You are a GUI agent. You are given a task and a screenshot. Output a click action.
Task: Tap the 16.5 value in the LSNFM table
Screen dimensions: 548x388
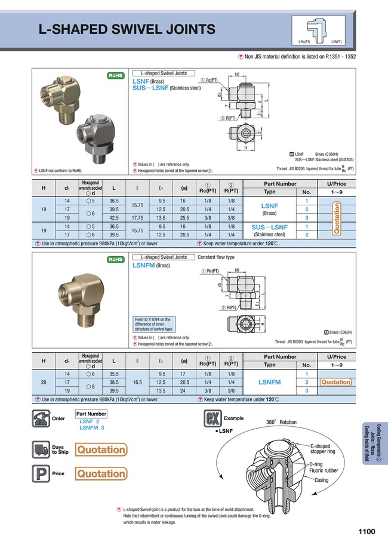[x=136, y=381]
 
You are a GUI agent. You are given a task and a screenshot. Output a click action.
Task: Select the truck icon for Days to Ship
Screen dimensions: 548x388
[x=40, y=450]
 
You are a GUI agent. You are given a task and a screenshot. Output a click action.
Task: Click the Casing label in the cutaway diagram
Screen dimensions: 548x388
[x=321, y=480]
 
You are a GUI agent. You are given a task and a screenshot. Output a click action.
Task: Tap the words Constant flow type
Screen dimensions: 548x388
[x=215, y=257]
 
